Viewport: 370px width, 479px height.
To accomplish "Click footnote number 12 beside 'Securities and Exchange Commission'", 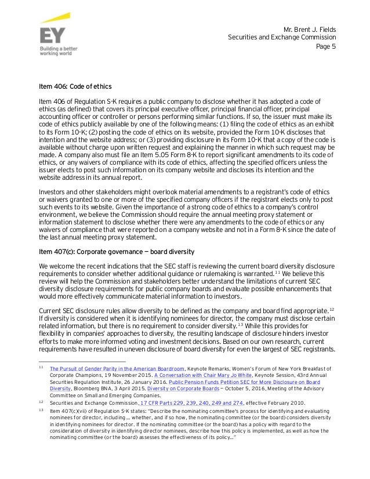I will coord(41,401).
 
